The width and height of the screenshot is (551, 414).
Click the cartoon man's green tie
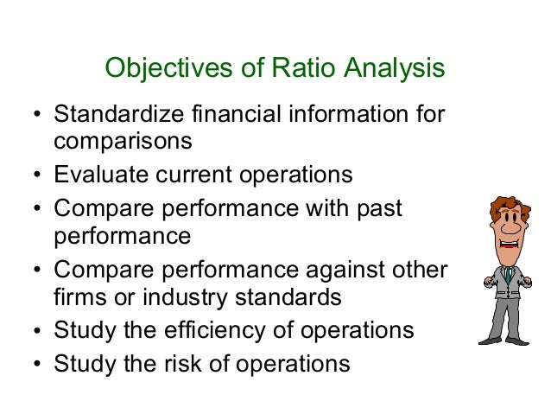tap(510, 277)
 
